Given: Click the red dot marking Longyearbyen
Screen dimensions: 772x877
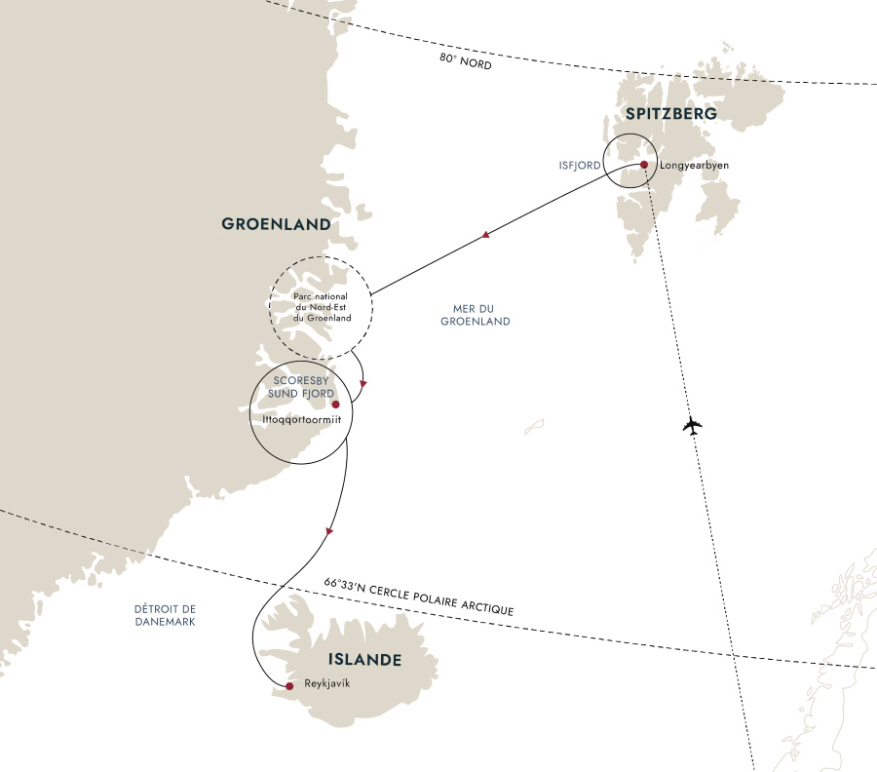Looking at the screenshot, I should tap(644, 165).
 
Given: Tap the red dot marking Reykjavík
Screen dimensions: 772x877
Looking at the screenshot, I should tap(289, 687).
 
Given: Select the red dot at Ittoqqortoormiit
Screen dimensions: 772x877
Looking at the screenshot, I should tap(335, 404).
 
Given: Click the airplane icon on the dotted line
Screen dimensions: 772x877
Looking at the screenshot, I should tap(692, 426).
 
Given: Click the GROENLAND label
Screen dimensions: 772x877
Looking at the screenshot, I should tap(277, 224).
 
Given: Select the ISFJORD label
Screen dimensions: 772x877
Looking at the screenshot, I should tap(580, 166).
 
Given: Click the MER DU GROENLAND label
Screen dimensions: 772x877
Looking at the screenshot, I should tap(475, 315).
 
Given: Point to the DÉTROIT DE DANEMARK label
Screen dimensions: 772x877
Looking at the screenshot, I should tap(165, 615).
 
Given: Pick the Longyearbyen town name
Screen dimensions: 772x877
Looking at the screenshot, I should tap(695, 166).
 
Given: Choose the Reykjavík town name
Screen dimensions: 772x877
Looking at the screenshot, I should tap(325, 683).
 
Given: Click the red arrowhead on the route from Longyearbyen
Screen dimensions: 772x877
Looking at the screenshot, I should tap(484, 235).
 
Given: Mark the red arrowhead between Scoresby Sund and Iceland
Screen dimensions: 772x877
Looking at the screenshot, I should tap(330, 531).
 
